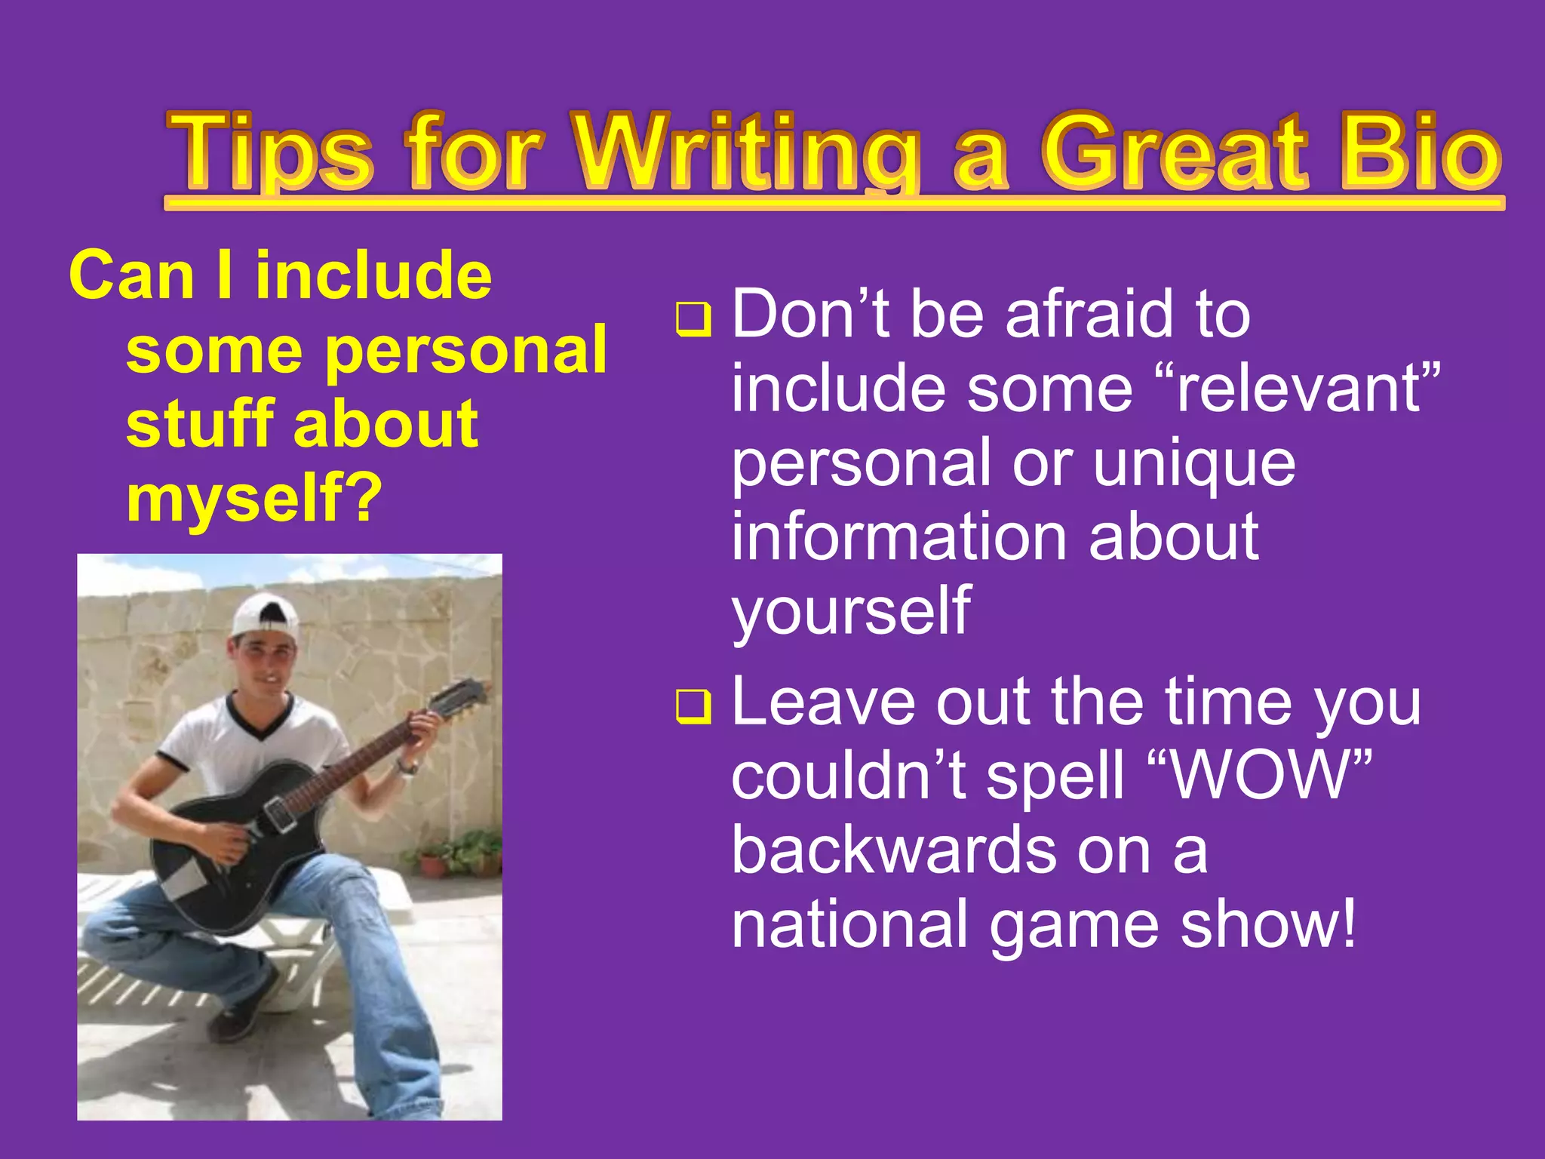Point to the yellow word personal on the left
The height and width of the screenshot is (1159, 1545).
(465, 350)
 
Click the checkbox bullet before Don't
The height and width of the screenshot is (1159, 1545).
(693, 318)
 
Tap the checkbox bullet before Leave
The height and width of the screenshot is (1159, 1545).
(693, 707)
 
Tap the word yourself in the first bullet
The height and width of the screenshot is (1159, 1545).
(851, 611)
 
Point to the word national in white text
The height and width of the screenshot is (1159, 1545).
(849, 925)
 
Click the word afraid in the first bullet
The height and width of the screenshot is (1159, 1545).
(1089, 315)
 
